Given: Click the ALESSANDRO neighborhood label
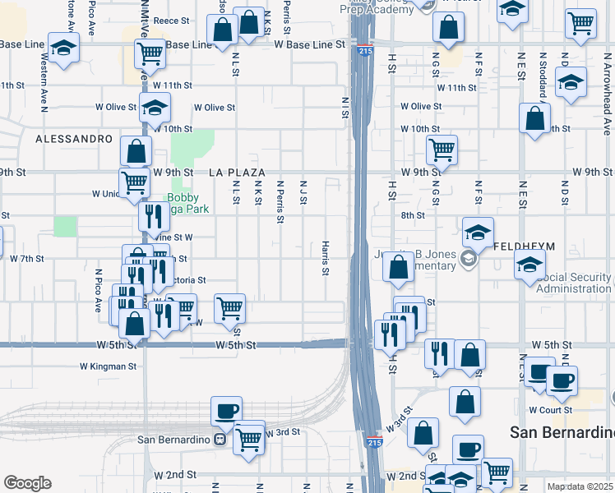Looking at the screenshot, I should [x=73, y=139].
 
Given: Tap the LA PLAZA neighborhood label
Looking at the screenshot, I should [x=238, y=173].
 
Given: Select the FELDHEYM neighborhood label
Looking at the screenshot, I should [x=526, y=246].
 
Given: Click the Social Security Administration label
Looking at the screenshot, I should [x=573, y=282].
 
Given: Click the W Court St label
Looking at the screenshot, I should [x=550, y=409].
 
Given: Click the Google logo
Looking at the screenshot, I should [x=27, y=483].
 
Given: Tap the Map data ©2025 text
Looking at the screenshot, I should [x=580, y=486].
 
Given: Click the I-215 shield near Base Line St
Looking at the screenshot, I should [x=363, y=52].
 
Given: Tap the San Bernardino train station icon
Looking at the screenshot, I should [x=220, y=439].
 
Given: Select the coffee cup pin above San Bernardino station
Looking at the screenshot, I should [x=226, y=411].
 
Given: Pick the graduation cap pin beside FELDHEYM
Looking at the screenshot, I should [x=478, y=233].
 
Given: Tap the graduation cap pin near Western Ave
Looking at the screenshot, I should [x=63, y=48].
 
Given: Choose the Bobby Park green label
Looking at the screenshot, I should [x=187, y=203].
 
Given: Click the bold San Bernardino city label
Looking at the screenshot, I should [x=562, y=432].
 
